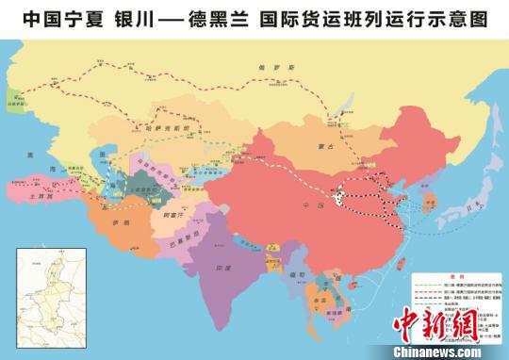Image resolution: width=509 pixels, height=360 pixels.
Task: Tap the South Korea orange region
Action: point(435,202)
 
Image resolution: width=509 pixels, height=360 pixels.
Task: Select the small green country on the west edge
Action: point(12,101)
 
